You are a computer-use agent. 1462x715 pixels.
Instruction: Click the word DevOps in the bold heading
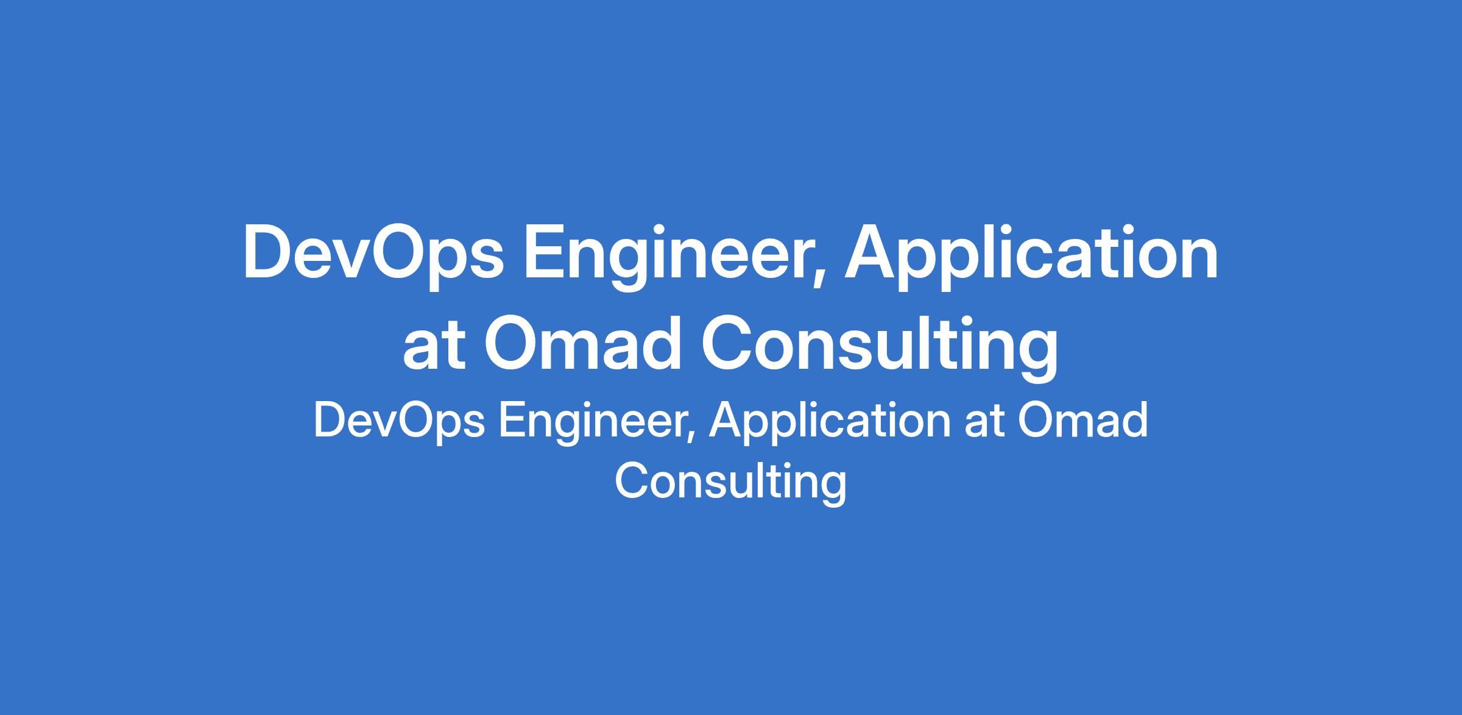click(x=373, y=256)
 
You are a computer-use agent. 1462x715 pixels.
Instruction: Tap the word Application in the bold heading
click(x=1031, y=256)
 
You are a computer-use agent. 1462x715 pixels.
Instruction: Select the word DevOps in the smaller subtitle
click(x=399, y=421)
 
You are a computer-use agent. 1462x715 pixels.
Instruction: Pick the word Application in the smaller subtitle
click(x=829, y=421)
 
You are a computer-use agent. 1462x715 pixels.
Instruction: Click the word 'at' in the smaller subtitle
click(x=984, y=422)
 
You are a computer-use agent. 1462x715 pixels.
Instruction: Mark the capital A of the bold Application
click(x=871, y=253)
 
